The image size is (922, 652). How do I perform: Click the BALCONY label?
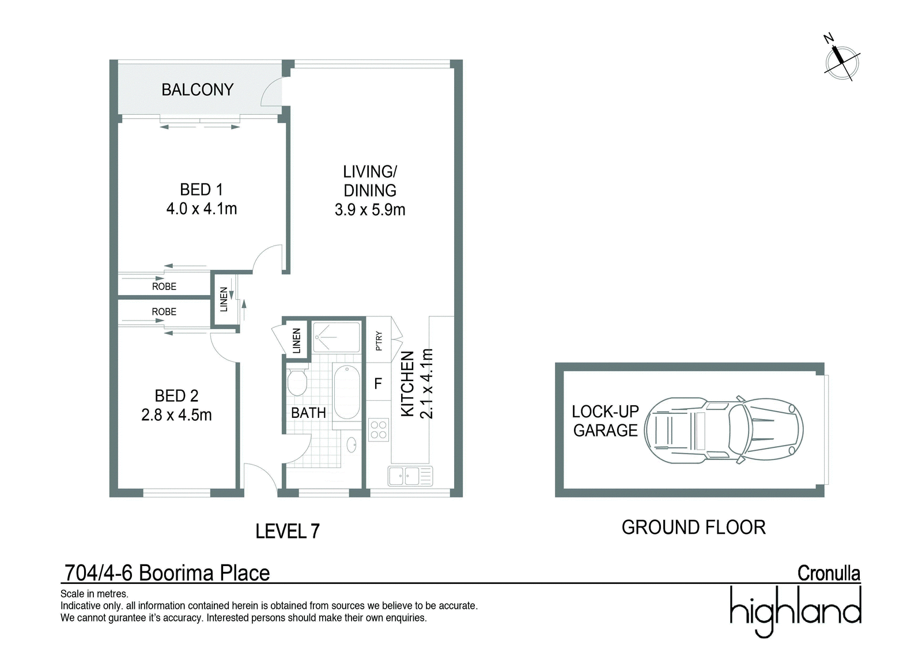[x=197, y=89]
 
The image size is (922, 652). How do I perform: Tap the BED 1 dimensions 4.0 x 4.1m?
[x=201, y=209]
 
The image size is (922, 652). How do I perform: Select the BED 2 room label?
[x=176, y=396]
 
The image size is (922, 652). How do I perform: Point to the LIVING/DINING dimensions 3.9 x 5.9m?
[x=369, y=210]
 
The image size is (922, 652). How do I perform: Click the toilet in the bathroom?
[x=297, y=382]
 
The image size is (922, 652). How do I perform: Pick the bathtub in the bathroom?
[x=346, y=391]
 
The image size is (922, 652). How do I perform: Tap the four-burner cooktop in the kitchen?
[x=378, y=429]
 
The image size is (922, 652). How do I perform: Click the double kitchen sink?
[x=410, y=476]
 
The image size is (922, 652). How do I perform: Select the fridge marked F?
[x=378, y=383]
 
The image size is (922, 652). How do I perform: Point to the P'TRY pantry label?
[x=379, y=341]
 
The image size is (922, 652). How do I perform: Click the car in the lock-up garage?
[x=723, y=429]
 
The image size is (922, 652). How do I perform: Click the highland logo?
[x=795, y=611]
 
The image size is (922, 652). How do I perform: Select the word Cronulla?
[x=829, y=574]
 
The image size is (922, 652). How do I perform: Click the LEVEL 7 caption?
[x=288, y=532]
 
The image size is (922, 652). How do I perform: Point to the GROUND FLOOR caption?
[x=694, y=527]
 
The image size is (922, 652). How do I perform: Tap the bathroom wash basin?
[x=352, y=445]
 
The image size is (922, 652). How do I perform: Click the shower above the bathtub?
[x=337, y=337]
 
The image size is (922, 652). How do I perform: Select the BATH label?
[x=308, y=413]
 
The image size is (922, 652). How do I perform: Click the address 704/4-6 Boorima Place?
[x=167, y=573]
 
